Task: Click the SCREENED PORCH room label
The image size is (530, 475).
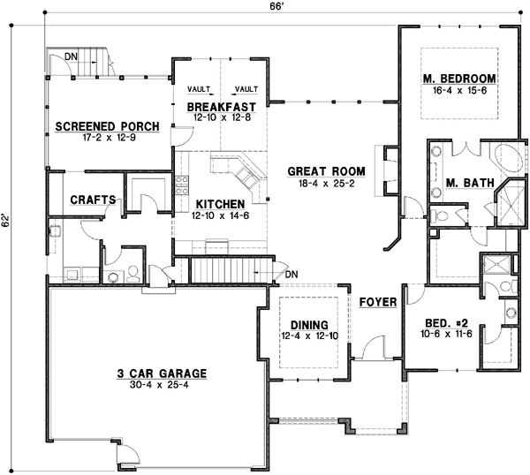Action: click(107, 126)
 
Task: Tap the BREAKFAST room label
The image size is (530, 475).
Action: click(222, 107)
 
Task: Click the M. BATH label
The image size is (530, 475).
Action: click(463, 183)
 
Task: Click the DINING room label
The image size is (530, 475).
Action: click(307, 323)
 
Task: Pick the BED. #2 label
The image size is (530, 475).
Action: click(440, 324)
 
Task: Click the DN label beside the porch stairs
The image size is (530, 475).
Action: click(74, 56)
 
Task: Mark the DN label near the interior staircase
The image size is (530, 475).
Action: click(293, 275)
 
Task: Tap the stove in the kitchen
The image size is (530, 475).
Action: click(184, 185)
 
